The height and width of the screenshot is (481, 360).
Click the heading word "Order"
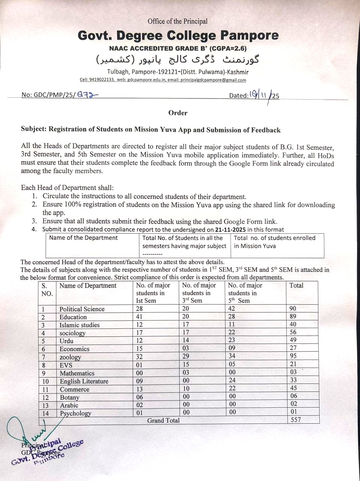[x=178, y=113]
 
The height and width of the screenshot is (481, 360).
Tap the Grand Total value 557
[x=296, y=419]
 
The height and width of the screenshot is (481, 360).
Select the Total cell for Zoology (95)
[x=293, y=355]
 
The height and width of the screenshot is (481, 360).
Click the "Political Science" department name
[x=82, y=309]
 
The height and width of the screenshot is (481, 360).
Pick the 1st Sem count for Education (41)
[x=140, y=317]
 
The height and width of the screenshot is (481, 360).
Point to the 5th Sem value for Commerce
[x=232, y=388]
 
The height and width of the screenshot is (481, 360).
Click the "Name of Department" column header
[x=88, y=286]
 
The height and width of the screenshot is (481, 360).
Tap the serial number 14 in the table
[x=46, y=413]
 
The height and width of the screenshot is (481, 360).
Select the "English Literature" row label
[x=84, y=381]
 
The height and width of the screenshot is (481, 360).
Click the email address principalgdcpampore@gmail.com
[x=213, y=80]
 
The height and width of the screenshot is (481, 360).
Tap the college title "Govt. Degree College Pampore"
[x=178, y=36]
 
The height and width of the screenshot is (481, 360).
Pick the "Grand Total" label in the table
[x=163, y=420]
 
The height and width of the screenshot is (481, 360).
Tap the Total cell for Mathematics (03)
[x=293, y=372]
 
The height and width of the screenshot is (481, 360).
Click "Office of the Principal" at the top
[x=178, y=21]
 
